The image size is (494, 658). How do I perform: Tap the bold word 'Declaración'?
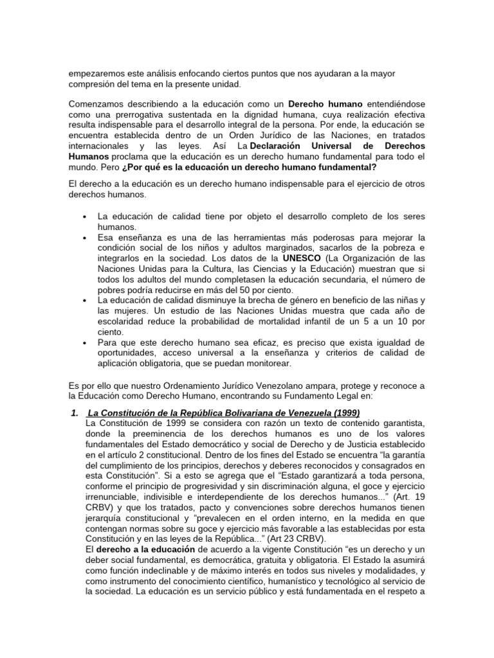click(x=287, y=147)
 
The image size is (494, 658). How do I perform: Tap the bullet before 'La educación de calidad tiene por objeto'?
click(x=85, y=217)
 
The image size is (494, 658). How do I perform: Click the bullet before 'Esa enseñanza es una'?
click(x=85, y=238)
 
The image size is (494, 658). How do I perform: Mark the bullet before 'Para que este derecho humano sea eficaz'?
click(x=85, y=342)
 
